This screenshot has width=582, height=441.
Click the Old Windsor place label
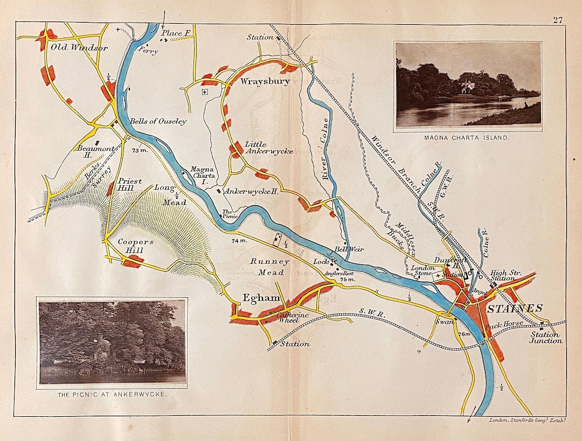[79, 48]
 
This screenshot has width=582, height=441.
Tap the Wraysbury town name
[265, 82]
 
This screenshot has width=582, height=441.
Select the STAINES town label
[515, 309]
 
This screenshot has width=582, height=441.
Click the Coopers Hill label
[136, 247]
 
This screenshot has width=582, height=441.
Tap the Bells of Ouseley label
[158, 122]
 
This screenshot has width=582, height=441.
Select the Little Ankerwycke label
[268, 148]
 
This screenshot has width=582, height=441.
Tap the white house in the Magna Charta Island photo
[467, 85]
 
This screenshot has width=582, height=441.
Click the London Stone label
[422, 271]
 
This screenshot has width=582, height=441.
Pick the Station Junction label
[544, 338]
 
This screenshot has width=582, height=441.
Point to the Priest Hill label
[129, 185]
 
